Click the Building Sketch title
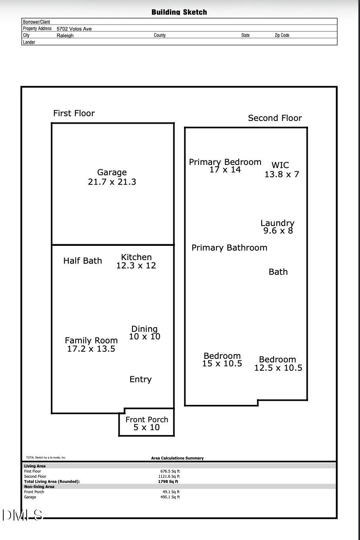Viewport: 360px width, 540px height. [179, 12]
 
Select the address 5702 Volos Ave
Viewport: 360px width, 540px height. [74, 29]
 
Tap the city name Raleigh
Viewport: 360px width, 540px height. [65, 36]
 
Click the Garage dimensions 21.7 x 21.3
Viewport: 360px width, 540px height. [112, 182]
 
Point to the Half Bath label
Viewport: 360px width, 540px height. [82, 261]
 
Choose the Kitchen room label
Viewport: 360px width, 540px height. [136, 257]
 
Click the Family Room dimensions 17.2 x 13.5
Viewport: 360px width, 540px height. [91, 349]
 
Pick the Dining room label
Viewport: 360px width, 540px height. [144, 329]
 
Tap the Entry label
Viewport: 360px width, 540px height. [140, 379]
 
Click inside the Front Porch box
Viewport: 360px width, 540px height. [147, 423]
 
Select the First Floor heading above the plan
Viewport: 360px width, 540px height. [74, 113]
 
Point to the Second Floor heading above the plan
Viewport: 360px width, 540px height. [275, 118]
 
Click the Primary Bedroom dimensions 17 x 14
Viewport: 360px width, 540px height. [225, 170]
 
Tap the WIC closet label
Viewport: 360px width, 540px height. [280, 165]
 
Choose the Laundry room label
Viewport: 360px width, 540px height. [277, 223]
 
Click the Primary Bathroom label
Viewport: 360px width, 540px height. [229, 248]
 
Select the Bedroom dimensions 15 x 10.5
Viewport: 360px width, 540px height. [222, 364]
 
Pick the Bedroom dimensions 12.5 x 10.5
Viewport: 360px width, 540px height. [278, 368]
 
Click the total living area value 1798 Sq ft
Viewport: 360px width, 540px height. [168, 482]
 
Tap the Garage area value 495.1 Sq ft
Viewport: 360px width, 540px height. [170, 497]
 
